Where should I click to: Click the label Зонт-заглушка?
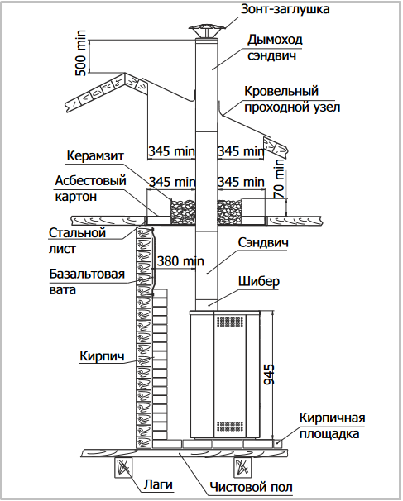(285, 9)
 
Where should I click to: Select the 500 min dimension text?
(80, 53)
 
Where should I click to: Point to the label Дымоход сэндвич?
(275, 47)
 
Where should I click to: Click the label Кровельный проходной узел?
(292, 98)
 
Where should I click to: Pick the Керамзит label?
(95, 156)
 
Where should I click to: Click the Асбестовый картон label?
(90, 188)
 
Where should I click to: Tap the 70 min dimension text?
(279, 179)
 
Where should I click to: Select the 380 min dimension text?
(180, 261)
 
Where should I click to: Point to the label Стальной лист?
(77, 241)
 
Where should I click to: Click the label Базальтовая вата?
(87, 281)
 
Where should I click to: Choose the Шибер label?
(259, 281)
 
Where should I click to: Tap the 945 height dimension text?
(269, 375)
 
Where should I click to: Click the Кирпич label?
(102, 355)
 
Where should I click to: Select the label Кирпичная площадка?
(332, 426)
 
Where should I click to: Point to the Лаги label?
(158, 484)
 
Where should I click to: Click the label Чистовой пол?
(251, 487)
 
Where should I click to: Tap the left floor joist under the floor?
(123, 467)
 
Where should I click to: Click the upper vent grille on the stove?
(230, 322)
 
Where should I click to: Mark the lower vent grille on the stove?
(230, 427)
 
